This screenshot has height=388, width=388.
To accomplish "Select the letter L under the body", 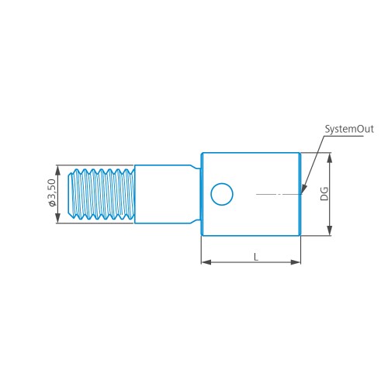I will (x=255, y=256).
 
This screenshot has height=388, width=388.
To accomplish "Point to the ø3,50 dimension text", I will (x=51, y=193).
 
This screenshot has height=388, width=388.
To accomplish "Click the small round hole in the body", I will (x=222, y=193).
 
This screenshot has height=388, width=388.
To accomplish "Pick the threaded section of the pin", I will (x=102, y=194).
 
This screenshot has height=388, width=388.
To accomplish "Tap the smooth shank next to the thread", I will (x=163, y=194).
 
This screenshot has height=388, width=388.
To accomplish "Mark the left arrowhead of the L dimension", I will (x=205, y=262).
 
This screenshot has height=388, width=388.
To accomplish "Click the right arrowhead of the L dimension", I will (x=296, y=262).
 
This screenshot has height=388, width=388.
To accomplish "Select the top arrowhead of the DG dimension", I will (x=330, y=157).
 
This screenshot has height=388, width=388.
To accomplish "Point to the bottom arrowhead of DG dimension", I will (x=330, y=230).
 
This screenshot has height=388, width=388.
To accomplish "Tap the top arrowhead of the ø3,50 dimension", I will (x=57, y=168).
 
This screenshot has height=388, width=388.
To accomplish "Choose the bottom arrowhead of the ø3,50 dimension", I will (x=57, y=220).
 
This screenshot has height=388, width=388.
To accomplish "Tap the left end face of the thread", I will (x=70, y=194).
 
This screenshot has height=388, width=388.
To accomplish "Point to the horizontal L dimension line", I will (x=233, y=262).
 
